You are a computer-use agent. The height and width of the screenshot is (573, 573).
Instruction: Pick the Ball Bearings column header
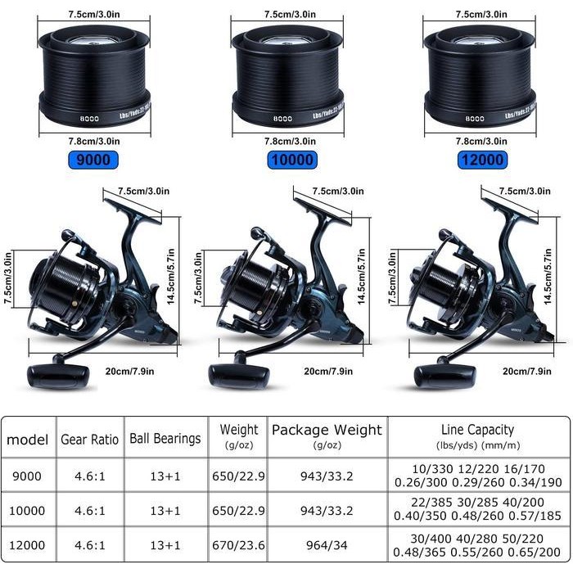pos(165,439)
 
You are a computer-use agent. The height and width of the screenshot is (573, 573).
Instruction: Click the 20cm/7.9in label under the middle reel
pos(328,371)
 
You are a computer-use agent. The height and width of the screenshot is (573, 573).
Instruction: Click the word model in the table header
pos(28,440)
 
